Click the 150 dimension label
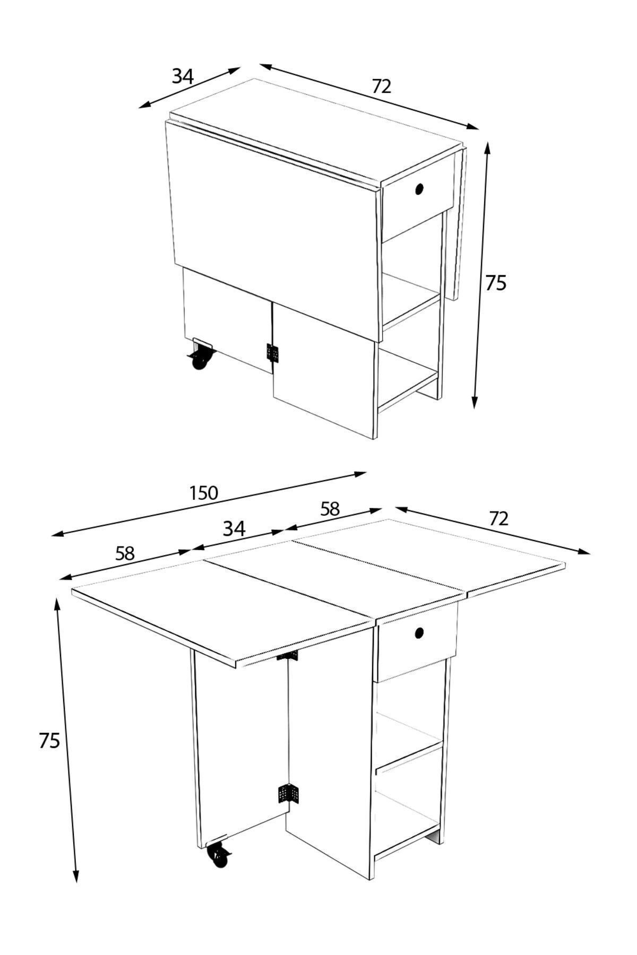(x=204, y=493)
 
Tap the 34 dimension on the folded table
(x=182, y=77)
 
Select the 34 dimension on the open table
(x=234, y=528)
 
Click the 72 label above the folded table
(x=381, y=86)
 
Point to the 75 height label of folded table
(x=496, y=283)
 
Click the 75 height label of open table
(x=49, y=741)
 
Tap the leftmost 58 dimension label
(x=125, y=554)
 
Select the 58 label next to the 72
(x=330, y=509)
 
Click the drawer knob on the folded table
(x=419, y=189)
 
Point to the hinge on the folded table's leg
(x=272, y=353)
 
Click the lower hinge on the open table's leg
(x=288, y=793)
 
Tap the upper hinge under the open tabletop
(x=287, y=656)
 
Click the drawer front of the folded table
(x=418, y=204)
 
